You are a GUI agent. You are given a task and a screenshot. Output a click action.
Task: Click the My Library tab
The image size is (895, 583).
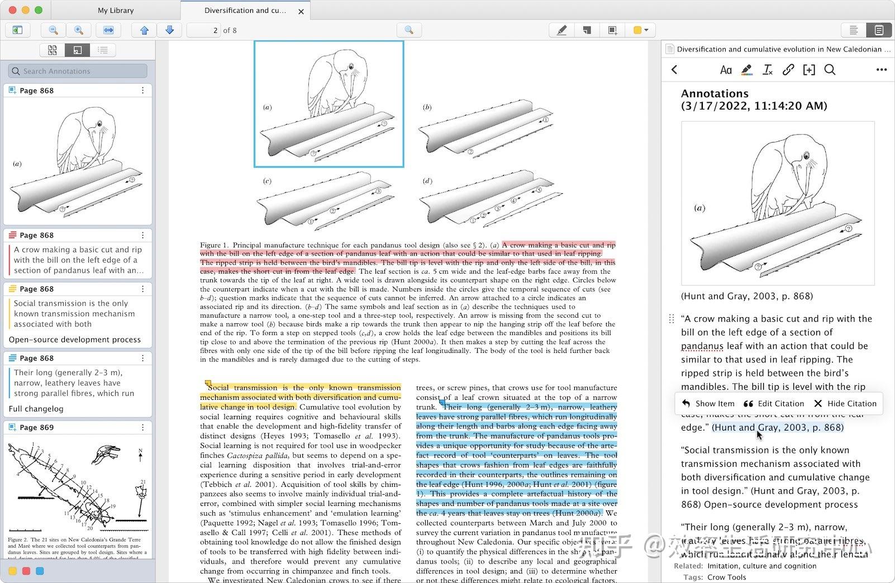click(116, 10)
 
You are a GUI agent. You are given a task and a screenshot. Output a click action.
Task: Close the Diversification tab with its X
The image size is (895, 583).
click(301, 11)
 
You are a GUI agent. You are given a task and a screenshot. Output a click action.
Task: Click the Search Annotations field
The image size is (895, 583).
click(78, 71)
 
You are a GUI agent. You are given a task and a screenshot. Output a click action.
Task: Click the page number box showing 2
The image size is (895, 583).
click(203, 30)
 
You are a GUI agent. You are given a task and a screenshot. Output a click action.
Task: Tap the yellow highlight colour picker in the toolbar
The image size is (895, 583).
click(640, 30)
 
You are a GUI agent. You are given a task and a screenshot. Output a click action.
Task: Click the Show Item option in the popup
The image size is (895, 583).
click(708, 403)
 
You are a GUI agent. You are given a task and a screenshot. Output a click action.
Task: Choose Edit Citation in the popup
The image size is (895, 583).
click(774, 403)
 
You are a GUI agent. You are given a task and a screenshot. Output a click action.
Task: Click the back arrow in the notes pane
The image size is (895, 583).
click(674, 70)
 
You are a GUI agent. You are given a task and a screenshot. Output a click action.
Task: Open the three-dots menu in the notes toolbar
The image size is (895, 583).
click(882, 70)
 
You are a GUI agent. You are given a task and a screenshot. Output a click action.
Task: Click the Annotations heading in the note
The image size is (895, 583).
click(715, 93)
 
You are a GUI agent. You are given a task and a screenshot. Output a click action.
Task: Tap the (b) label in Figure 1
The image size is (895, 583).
click(427, 107)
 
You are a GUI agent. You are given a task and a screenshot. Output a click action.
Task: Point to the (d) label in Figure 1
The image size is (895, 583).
click(427, 181)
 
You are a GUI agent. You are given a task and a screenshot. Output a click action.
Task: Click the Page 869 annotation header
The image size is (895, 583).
click(37, 427)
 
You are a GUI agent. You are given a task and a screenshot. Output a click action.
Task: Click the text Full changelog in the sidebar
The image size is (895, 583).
click(36, 409)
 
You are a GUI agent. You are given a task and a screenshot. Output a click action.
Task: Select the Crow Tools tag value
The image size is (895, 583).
click(726, 577)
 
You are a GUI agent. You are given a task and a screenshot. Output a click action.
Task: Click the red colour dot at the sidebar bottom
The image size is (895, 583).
click(26, 571)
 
